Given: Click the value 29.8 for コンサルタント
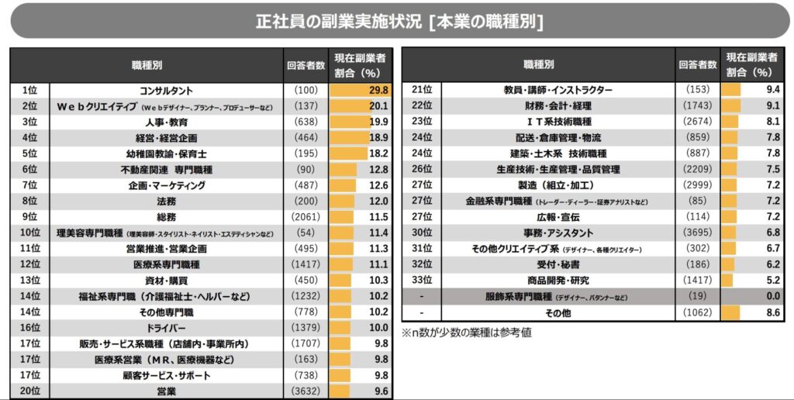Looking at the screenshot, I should coord(378,90).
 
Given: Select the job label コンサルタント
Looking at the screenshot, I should coord(166,90).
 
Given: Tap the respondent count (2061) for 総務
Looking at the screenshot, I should coord(305,217).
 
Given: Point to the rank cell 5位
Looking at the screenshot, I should coord(30,153).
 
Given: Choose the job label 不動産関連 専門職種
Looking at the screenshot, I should coord(166,170).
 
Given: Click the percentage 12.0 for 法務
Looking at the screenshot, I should coord(378,202).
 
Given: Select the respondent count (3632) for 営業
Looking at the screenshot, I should coord(305,391).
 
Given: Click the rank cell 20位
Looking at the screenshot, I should coord(30,391).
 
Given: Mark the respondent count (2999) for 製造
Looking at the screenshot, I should coord(697,185).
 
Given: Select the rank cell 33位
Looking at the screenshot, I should coord(422,281).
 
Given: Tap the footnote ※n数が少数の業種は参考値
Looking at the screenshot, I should coord(466,333).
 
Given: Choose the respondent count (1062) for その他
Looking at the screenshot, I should coord(697,312).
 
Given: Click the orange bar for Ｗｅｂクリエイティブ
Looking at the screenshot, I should coord(348,106).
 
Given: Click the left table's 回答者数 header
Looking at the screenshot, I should coord(305,66).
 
